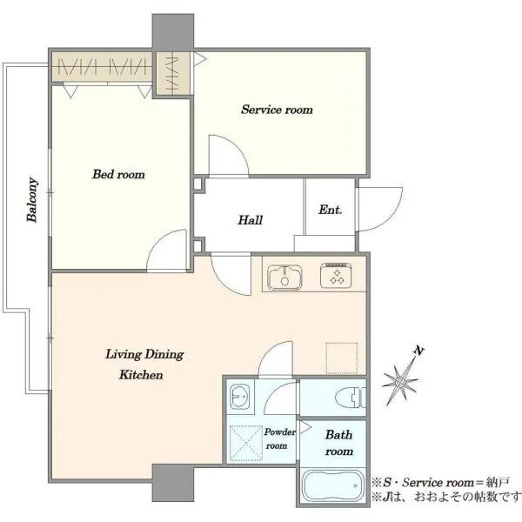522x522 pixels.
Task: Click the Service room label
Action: [277, 110]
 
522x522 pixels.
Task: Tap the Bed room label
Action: [118, 174]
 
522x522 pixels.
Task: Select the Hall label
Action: [250, 220]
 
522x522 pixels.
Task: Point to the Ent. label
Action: [331, 210]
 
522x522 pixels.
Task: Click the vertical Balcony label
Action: [32, 199]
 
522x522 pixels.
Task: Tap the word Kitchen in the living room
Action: [141, 375]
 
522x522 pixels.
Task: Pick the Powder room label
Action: [279, 438]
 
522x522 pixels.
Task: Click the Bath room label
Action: [339, 443]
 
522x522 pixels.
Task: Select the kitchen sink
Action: [284, 277]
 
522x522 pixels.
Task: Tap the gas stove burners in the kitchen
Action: [336, 275]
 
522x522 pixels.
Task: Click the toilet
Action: [351, 398]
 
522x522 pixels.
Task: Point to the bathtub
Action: [333, 485]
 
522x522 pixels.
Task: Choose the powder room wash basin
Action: [240, 397]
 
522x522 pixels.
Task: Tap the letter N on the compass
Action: [418, 351]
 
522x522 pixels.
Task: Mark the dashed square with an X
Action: [246, 443]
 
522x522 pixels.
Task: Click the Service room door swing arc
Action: [237, 145]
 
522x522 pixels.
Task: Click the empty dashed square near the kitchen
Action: [342, 358]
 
